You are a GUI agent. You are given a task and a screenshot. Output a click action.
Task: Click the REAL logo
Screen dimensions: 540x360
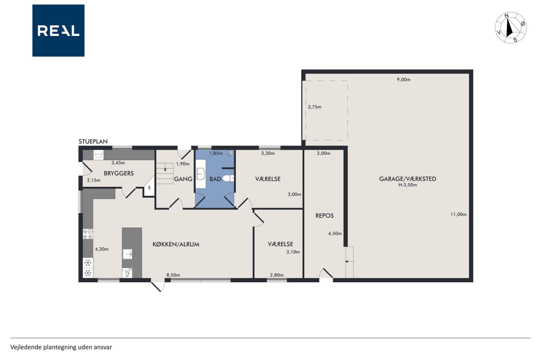pos(58,31)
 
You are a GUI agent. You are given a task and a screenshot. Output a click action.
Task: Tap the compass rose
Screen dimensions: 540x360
pos(510,28)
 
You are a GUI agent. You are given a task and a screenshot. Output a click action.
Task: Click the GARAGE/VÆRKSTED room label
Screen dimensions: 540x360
pos(408,179)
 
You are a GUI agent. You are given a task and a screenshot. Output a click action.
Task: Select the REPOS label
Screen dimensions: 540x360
pos(324,216)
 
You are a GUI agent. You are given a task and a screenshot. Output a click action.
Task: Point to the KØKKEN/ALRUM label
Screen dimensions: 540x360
pos(176,244)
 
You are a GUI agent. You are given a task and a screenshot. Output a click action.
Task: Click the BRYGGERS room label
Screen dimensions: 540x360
pos(119,173)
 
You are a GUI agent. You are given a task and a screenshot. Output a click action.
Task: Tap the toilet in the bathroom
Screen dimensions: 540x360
pos(228,179)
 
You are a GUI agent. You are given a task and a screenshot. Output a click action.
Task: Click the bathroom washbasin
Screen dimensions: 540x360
pos(200,174)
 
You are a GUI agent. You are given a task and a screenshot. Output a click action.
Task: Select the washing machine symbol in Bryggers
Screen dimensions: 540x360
pos(98,155)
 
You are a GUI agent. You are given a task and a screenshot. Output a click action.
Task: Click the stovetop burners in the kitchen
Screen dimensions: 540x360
pos(88,234)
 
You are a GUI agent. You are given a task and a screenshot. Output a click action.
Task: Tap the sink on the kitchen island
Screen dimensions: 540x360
pos(127,254)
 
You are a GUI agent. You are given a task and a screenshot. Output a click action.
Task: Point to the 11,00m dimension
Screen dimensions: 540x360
pos(458,214)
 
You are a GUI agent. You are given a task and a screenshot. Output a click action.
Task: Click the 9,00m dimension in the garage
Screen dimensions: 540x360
pos(404,80)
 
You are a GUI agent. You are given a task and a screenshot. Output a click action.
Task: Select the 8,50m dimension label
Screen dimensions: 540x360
pos(173,275)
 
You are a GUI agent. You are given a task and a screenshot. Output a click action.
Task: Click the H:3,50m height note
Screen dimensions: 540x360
pos(408,185)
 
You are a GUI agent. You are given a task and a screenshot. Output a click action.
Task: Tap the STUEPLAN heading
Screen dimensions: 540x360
pos(93,141)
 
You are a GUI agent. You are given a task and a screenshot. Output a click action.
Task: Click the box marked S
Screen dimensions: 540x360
pos(149,187)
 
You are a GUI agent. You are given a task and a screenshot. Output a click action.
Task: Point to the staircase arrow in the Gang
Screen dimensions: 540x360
pos(165,168)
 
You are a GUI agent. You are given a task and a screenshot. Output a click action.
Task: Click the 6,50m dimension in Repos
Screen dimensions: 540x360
pos(335,233)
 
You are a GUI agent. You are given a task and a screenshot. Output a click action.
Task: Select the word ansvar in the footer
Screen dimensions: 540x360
pos(104,347)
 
